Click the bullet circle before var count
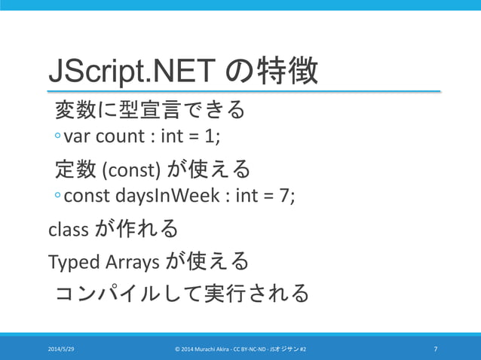click(x=57, y=139)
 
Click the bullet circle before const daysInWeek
click(x=57, y=196)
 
